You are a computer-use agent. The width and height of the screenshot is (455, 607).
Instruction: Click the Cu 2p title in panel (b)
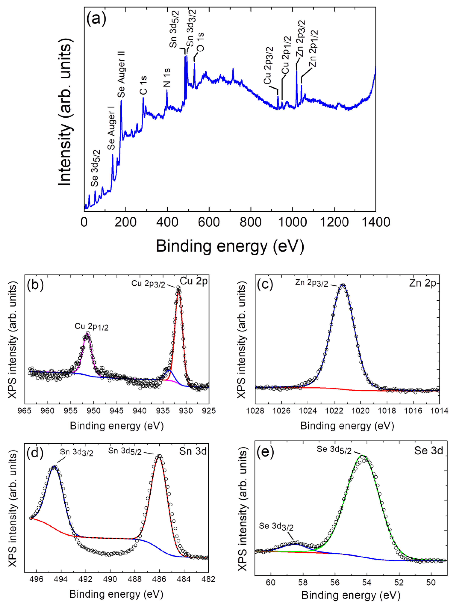[194, 281]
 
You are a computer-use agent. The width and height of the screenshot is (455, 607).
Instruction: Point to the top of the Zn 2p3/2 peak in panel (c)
[342, 285]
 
